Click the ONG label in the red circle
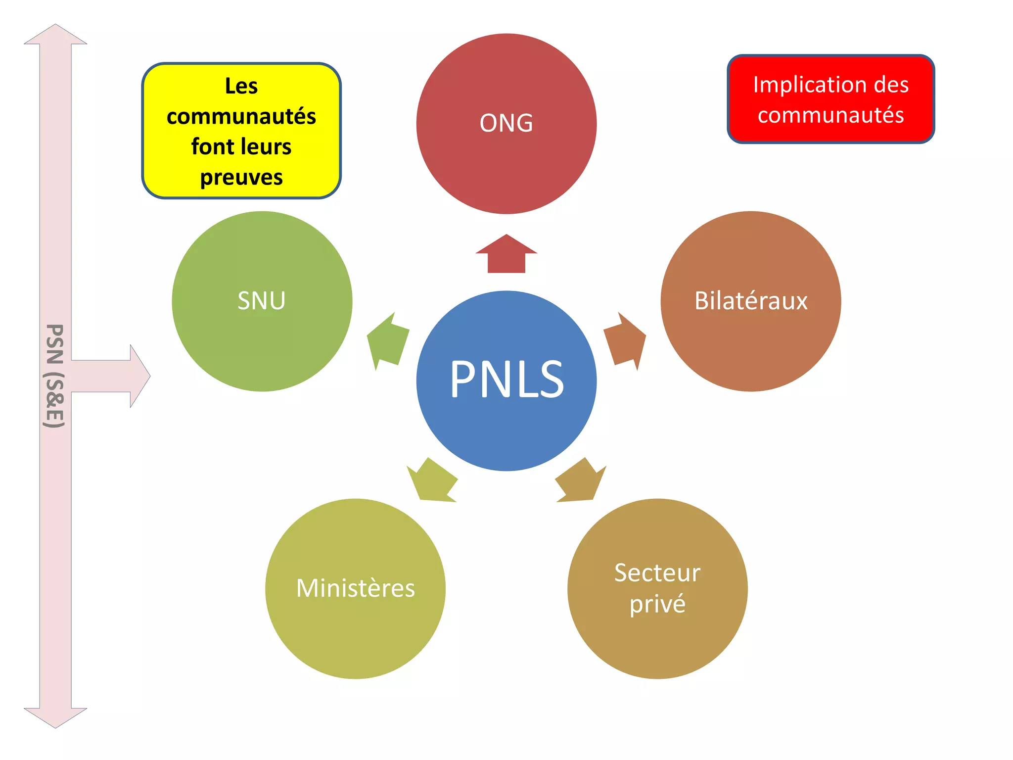click(x=506, y=123)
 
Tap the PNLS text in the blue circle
click(x=506, y=380)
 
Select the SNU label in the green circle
click(x=262, y=301)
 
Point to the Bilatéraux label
click(x=751, y=301)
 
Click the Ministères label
click(x=355, y=588)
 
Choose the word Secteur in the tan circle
click(x=657, y=573)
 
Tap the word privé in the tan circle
click(x=657, y=604)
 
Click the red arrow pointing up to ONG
click(x=506, y=255)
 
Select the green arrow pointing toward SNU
click(x=388, y=341)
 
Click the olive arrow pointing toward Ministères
click(x=431, y=481)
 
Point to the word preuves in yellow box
click(x=241, y=177)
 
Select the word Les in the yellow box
click(x=241, y=86)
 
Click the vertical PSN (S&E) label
click(x=54, y=376)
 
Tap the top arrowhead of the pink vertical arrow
click(x=55, y=35)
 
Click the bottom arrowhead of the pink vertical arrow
click(x=55, y=717)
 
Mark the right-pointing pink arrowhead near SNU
click(x=139, y=376)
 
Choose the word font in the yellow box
click(x=210, y=147)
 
